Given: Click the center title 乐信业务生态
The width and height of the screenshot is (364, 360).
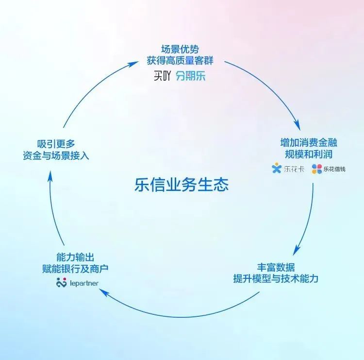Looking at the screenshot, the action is [182, 185].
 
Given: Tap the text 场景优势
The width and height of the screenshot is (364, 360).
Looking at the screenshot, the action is [180, 49].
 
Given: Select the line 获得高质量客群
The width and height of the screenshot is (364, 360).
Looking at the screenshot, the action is [180, 61].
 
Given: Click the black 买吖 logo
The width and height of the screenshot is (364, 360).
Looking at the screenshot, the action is [162, 76].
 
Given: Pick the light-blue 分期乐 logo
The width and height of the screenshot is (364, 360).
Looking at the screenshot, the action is [191, 76].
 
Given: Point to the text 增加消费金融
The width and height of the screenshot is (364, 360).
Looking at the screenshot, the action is [309, 142].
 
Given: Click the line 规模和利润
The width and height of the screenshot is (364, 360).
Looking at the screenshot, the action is [309, 154].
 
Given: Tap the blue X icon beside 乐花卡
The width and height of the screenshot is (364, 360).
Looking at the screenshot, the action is [277, 168].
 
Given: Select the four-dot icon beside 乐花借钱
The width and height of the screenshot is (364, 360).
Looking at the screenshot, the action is [316, 169].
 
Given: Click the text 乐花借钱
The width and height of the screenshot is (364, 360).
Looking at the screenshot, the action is [334, 169].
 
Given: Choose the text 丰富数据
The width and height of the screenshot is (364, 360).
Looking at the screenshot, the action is [276, 267].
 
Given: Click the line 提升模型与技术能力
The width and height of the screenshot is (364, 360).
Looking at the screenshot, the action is [276, 278].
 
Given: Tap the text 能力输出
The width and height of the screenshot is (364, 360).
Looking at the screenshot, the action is [75, 257].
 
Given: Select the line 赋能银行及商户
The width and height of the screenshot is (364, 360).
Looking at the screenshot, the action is [75, 269].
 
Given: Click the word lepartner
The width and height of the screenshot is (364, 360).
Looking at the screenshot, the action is [84, 283].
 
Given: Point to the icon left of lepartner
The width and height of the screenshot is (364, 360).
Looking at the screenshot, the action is [62, 282].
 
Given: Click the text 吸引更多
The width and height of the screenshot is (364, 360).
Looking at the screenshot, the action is [56, 144].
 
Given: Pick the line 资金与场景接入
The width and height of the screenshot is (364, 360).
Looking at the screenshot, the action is [56, 155].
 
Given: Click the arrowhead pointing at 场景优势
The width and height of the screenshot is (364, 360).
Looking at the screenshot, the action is [134, 63].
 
